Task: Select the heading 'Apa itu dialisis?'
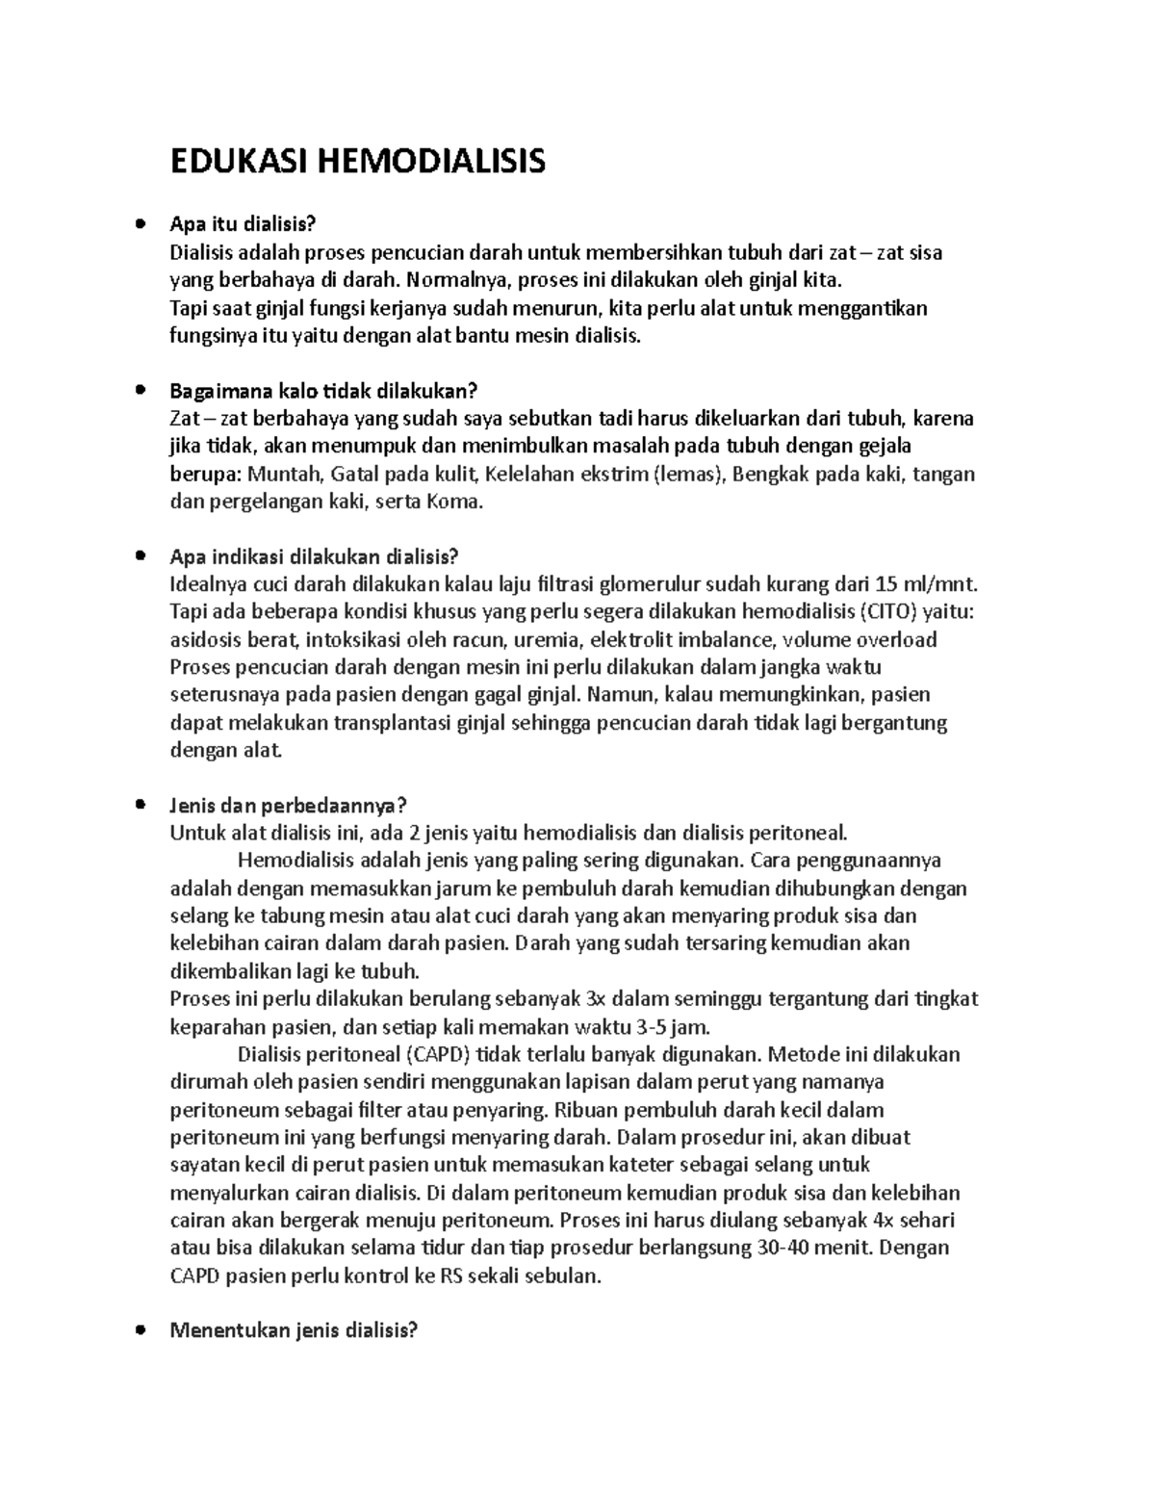click(242, 224)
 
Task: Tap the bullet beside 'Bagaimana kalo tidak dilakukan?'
click(141, 391)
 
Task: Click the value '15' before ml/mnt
click(888, 584)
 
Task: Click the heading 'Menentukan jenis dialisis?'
click(294, 1331)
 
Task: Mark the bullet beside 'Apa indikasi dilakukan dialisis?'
click(141, 556)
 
